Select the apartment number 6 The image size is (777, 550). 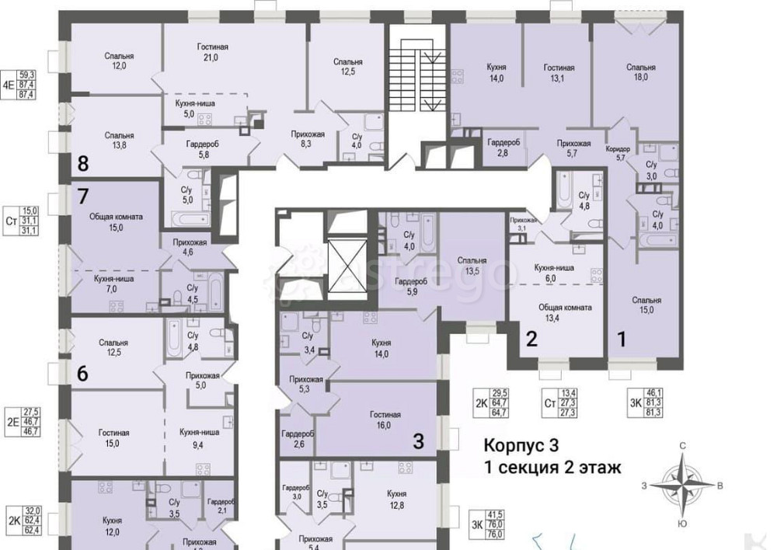coord(82,374)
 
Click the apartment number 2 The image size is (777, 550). coord(532,339)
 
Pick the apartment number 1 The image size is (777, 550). coord(621,339)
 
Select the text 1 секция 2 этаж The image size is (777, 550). coord(552,468)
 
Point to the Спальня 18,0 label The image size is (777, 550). coord(641,72)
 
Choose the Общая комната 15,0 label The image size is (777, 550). coord(113,221)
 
